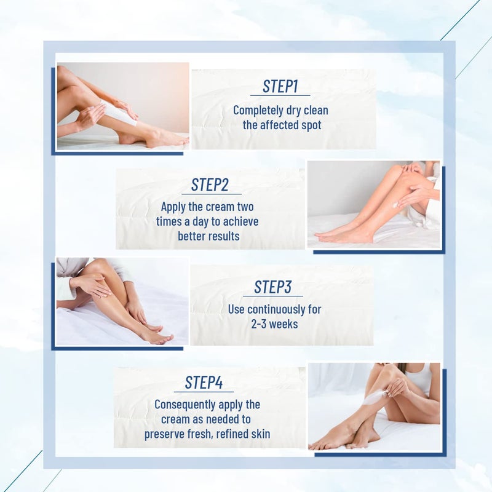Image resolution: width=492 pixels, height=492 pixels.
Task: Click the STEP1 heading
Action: coord(280,86)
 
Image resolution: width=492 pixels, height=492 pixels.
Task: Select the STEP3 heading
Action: coord(273,287)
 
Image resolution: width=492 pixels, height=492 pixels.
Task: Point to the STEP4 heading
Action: coord(204,383)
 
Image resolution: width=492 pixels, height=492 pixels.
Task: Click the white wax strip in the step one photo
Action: coord(119,114)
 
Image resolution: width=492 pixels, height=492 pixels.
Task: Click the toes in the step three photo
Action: coord(165,338)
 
